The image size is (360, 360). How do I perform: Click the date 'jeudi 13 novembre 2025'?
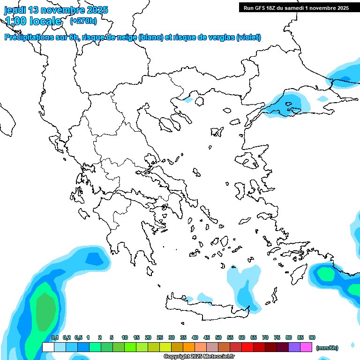56,10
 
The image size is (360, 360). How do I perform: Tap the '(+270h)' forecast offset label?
83,21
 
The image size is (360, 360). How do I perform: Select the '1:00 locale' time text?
33,21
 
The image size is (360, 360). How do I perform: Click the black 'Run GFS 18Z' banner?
296,7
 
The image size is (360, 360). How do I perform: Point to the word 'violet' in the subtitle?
248,37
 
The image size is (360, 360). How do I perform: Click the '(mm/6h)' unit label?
327,347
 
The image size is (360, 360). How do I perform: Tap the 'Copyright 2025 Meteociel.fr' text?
199,356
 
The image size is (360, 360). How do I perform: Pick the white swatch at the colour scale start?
48,347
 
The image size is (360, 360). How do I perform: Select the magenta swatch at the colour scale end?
306,347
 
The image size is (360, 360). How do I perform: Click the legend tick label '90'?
312,337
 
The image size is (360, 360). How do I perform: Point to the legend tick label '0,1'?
54,337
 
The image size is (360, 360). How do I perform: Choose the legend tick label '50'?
218,337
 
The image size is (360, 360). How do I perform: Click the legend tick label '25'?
159,337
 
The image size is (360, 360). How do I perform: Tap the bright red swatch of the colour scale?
247,347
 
